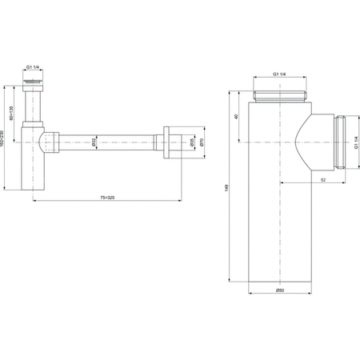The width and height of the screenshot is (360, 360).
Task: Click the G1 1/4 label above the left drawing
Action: pos(34,67)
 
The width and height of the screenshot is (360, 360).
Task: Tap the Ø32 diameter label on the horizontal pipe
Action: pos(94,142)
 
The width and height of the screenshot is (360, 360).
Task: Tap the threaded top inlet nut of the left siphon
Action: pos(34,82)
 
